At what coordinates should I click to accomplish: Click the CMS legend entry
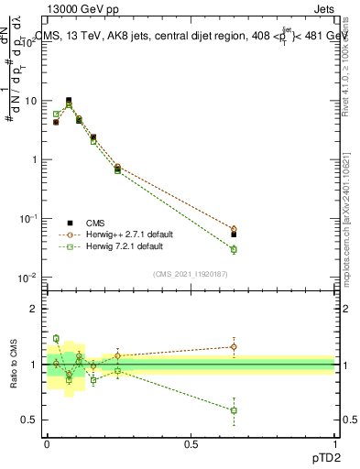(x=96, y=223)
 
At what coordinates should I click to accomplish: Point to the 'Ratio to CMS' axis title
(x=12, y=364)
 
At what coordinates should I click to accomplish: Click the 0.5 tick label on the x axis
(x=191, y=443)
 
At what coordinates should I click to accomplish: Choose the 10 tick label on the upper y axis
(x=34, y=101)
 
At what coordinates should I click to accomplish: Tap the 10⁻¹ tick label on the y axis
(x=31, y=218)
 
